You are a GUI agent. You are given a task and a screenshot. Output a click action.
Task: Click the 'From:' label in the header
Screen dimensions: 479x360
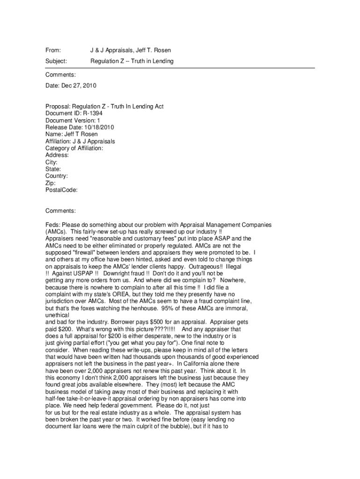coord(53,50)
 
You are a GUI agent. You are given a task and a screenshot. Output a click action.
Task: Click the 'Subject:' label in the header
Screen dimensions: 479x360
coord(56,61)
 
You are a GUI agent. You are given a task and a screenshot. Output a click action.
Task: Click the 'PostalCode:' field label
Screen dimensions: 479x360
coord(61,190)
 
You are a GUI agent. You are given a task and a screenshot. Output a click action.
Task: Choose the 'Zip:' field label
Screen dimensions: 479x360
coord(50,183)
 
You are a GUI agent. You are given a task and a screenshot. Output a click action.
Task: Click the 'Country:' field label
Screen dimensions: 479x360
coord(57,176)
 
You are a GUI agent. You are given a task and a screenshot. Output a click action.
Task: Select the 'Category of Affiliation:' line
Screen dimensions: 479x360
coord(74,148)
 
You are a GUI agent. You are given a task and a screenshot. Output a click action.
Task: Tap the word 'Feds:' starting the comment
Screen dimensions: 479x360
coord(53,225)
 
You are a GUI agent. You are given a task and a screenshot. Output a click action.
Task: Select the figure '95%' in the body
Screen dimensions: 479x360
coord(169,309)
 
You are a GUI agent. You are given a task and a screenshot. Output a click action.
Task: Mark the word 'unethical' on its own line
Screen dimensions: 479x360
coord(57,316)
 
